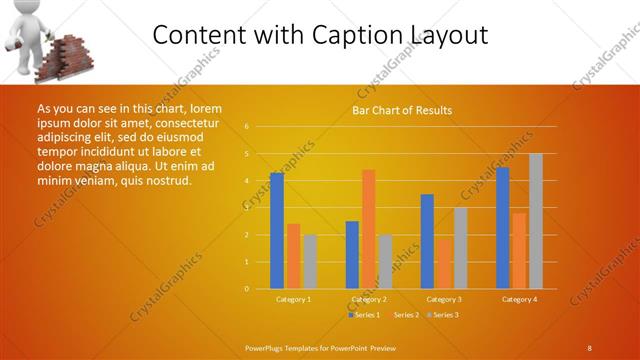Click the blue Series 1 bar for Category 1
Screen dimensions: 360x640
tap(277, 230)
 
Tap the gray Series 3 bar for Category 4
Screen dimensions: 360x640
tap(535, 221)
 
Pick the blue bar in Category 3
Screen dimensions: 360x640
tap(428, 241)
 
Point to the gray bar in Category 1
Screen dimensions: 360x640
tap(310, 261)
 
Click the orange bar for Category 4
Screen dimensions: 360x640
tap(519, 250)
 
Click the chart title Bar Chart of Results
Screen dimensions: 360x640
tap(402, 110)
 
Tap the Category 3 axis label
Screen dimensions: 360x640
tap(444, 299)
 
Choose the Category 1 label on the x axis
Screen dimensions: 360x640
tap(293, 299)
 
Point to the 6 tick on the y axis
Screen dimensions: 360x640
tap(246, 127)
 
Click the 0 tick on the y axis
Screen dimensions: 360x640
tap(246, 288)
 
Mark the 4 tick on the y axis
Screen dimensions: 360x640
tap(246, 181)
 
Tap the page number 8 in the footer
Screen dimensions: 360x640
tap(589, 347)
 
